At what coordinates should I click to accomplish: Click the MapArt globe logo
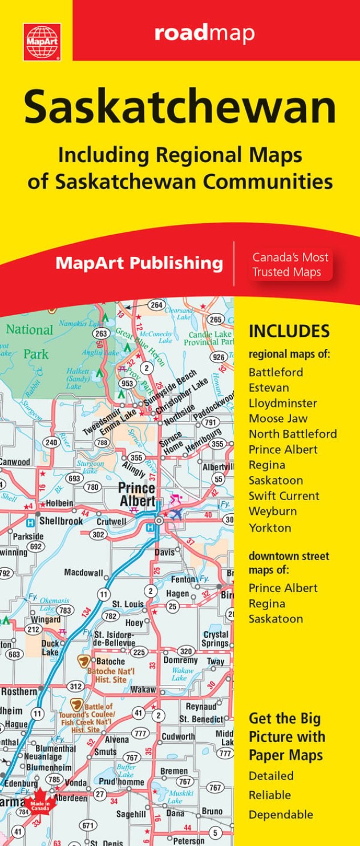42,42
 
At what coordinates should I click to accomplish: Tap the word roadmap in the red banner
204,33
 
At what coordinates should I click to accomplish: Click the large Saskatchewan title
180,108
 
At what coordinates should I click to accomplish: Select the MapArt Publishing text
139,263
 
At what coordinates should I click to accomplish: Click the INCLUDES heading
289,332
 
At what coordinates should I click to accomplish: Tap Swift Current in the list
284,495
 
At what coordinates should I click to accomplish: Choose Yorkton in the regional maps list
270,527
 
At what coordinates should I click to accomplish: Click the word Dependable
281,814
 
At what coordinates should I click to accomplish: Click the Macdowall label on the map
83,572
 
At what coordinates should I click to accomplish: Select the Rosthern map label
19,691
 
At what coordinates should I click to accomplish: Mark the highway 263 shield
101,334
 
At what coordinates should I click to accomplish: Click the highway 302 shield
98,534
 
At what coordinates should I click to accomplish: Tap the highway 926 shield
218,357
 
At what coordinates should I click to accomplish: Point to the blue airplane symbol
176,514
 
